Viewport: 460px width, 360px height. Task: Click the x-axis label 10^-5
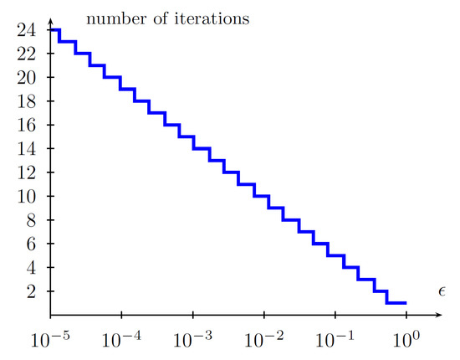pyautogui.click(x=50, y=340)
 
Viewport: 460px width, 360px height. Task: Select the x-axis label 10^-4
pyautogui.click(x=121, y=340)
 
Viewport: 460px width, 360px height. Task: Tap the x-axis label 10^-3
pyautogui.click(x=192, y=340)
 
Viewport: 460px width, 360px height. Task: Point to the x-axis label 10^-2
pyautogui.click(x=263, y=340)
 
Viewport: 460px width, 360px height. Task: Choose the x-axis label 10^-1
pyautogui.click(x=335, y=340)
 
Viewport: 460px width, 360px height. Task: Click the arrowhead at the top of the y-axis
pyautogui.click(x=50, y=8)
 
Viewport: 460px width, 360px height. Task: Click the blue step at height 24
pyautogui.click(x=54, y=29)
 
